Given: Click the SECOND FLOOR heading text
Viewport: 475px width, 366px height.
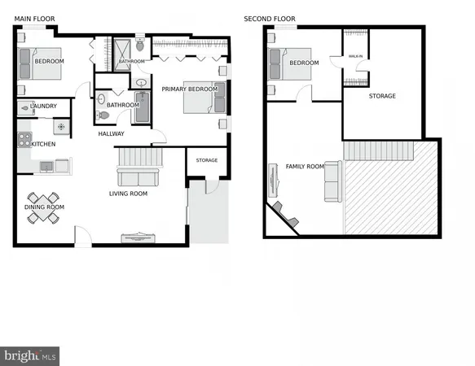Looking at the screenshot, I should coord(269,19).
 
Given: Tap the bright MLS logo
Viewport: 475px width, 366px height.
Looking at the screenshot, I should coord(31,355).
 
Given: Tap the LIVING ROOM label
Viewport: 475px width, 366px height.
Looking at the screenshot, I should coord(128,194).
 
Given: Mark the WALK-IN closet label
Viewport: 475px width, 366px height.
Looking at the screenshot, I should coord(355,57).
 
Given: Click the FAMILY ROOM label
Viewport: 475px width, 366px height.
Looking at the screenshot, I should coord(304,167).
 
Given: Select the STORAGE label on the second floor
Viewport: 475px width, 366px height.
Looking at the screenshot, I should coord(381,96).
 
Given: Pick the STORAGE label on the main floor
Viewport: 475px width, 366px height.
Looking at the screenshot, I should coord(206,160).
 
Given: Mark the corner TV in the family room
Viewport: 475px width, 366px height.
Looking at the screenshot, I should coord(284,214).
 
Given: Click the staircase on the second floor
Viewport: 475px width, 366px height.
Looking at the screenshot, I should coord(378,150).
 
